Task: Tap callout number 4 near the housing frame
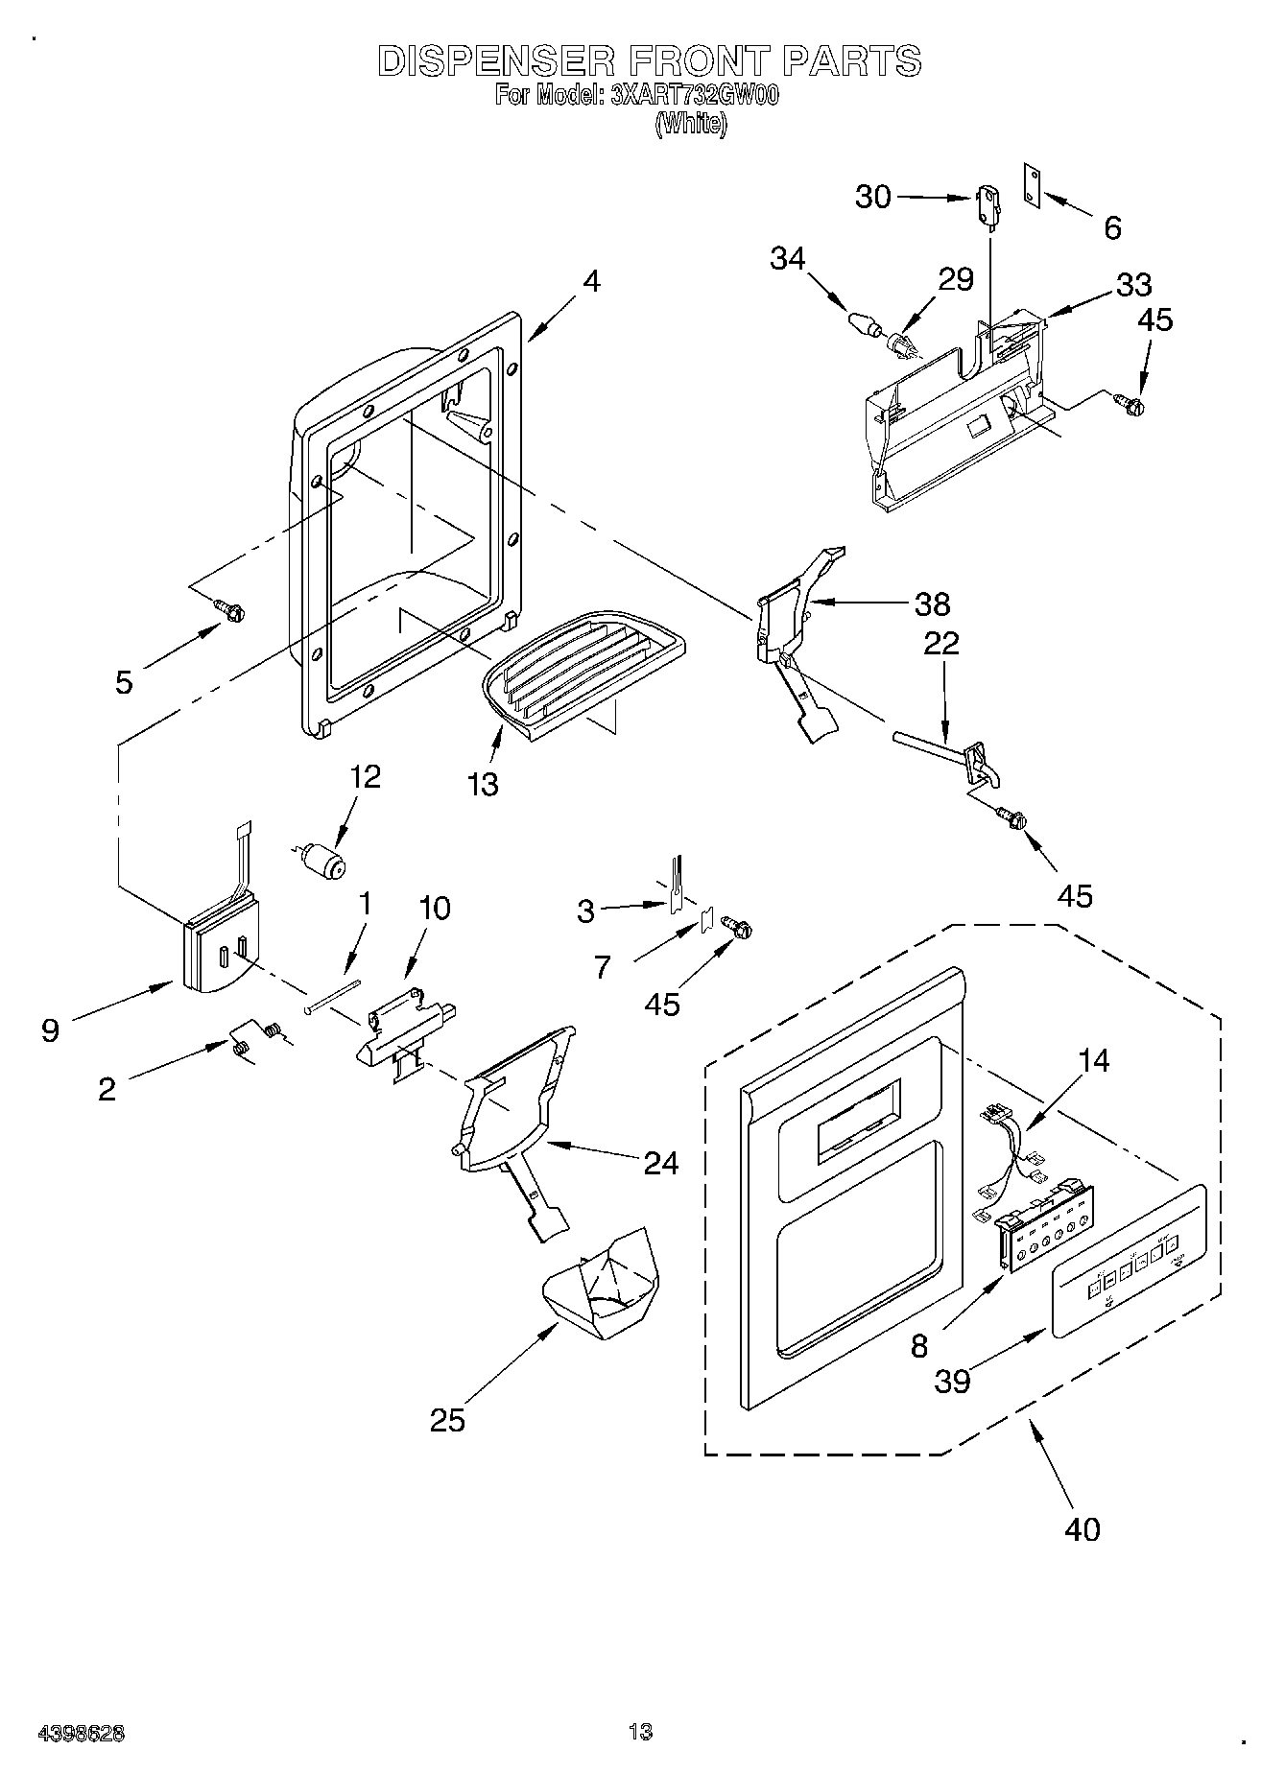592,281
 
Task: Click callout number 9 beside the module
50,1031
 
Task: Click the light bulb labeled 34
864,323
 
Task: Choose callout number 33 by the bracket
1133,285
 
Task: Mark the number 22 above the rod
940,643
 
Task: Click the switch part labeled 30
984,205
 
